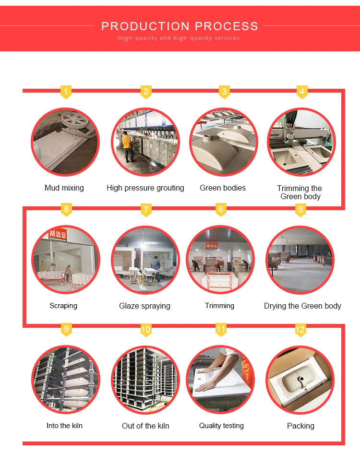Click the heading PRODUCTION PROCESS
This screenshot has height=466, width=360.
click(x=180, y=26)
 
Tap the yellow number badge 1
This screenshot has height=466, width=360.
click(x=66, y=91)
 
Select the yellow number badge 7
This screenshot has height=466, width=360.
click(x=146, y=209)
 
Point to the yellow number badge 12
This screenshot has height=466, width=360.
click(x=300, y=329)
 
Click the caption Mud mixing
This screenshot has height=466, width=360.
click(x=64, y=188)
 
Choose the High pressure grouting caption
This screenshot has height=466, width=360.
click(x=145, y=188)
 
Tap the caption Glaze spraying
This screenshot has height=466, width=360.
click(x=144, y=306)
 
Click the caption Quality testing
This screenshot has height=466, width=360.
click(x=221, y=426)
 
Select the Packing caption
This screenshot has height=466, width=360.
click(x=300, y=426)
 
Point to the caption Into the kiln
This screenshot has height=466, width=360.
click(x=64, y=426)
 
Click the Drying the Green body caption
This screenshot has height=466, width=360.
click(x=302, y=306)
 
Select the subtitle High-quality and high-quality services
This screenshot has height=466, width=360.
click(x=179, y=38)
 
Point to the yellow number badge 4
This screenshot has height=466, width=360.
click(x=301, y=91)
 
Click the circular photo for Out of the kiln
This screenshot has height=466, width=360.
click(x=145, y=379)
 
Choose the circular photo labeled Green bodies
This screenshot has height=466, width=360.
click(x=223, y=142)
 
